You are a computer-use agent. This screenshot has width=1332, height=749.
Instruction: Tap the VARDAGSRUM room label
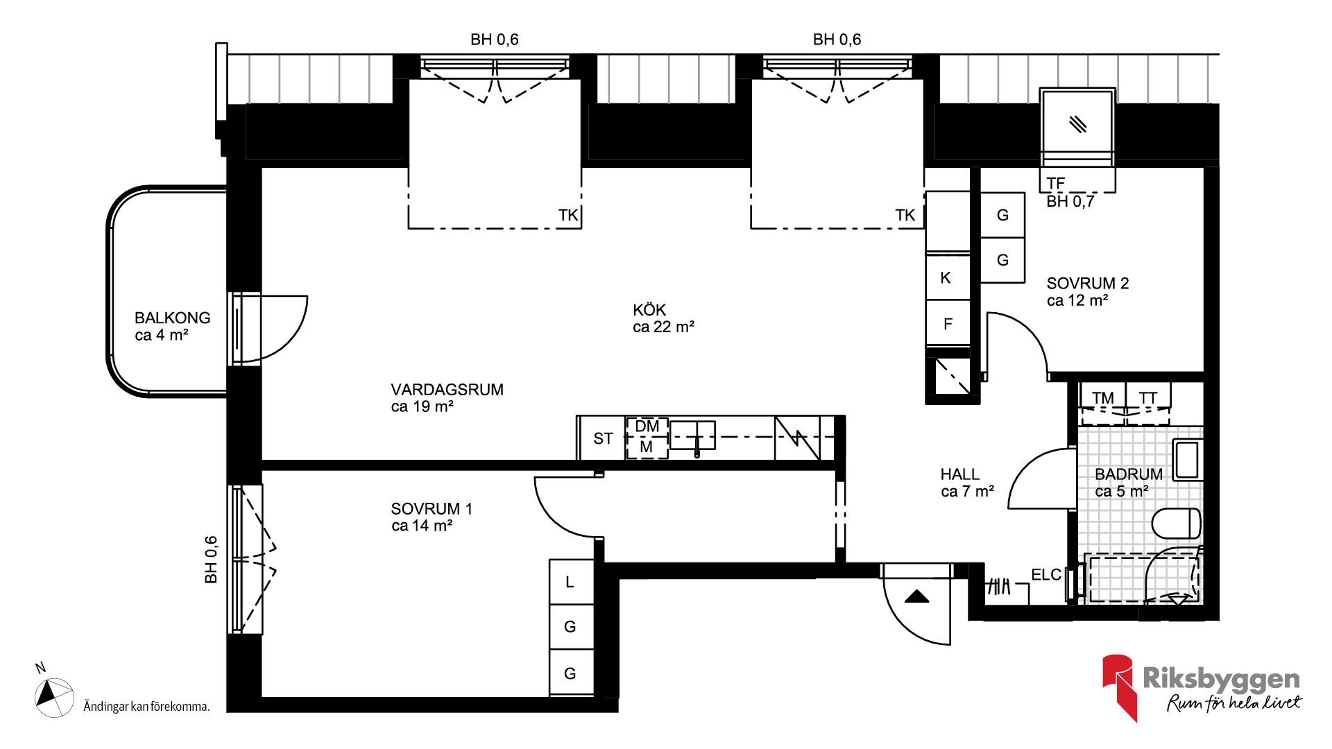click(x=447, y=390)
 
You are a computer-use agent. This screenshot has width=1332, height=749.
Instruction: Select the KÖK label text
click(x=649, y=310)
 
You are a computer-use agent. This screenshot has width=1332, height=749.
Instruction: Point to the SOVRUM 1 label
click(x=432, y=509)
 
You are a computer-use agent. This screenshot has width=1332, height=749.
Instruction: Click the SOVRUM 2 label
click(x=1088, y=284)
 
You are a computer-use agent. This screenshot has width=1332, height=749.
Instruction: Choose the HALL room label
click(x=960, y=474)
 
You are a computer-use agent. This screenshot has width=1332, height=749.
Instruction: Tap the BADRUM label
click(x=1129, y=474)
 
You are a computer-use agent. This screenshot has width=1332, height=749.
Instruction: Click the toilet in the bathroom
click(x=1177, y=524)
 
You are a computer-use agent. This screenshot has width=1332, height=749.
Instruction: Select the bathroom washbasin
click(x=1187, y=460)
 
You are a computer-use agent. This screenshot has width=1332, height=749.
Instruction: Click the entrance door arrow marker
click(x=916, y=596)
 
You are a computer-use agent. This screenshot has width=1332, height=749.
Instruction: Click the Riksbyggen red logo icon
click(x=1118, y=687)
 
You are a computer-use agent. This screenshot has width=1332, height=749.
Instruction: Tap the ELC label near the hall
click(x=1046, y=575)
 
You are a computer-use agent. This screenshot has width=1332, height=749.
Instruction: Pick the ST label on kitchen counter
click(x=603, y=438)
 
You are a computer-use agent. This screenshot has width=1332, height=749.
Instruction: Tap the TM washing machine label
click(x=1103, y=398)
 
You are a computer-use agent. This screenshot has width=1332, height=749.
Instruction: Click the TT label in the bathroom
click(x=1148, y=398)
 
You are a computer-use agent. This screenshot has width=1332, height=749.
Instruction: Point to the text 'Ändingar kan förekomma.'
click(x=146, y=707)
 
